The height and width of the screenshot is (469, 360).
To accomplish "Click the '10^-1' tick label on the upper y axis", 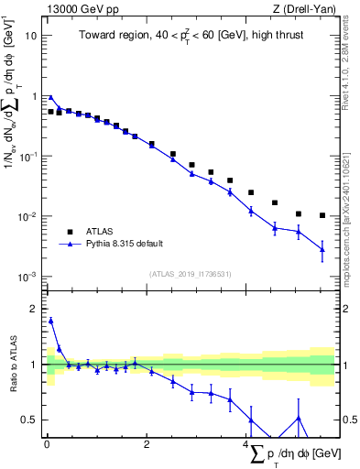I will (x=28, y=156).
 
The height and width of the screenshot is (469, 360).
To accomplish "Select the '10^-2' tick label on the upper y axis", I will (x=28, y=216).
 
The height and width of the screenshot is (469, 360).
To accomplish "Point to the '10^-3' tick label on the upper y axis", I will (x=28, y=277).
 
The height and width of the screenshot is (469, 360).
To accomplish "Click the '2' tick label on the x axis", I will (x=147, y=448).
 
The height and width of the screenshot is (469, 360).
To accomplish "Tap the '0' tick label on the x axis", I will (x=47, y=448).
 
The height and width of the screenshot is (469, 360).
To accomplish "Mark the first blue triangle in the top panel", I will (x=51, y=98).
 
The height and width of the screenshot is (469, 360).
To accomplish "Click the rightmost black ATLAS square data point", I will (x=322, y=215).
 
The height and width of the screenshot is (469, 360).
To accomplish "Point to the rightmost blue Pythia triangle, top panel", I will (x=322, y=249).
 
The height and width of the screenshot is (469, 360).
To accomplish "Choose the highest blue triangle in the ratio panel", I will (x=51, y=321).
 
